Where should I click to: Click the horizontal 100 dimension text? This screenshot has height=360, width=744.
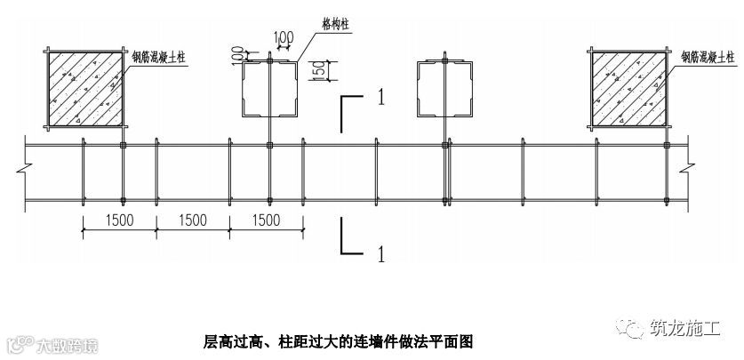[284, 38]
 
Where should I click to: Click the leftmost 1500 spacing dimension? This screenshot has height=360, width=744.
[120, 220]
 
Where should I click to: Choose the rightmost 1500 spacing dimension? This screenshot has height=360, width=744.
[266, 220]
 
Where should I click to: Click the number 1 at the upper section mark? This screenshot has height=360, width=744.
[379, 99]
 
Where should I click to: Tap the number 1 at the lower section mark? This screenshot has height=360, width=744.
[379, 255]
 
